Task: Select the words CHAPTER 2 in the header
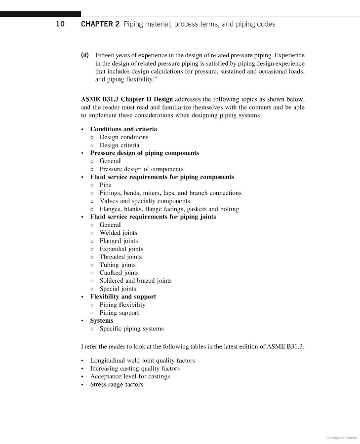click(x=100, y=24)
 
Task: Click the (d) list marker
click(x=84, y=55)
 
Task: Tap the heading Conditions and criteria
click(x=123, y=129)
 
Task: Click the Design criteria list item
click(x=119, y=145)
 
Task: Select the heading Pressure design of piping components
click(x=144, y=153)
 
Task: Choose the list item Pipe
click(x=105, y=185)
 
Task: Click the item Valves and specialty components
click(x=144, y=201)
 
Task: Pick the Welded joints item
click(x=119, y=233)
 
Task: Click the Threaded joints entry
click(x=120, y=257)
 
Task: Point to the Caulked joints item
click(x=119, y=273)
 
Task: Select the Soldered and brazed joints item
click(x=135, y=281)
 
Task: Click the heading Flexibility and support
click(x=123, y=296)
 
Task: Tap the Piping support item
click(x=119, y=313)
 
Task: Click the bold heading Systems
click(x=102, y=321)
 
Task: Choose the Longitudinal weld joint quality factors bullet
click(x=142, y=361)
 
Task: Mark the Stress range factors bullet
click(x=117, y=384)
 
